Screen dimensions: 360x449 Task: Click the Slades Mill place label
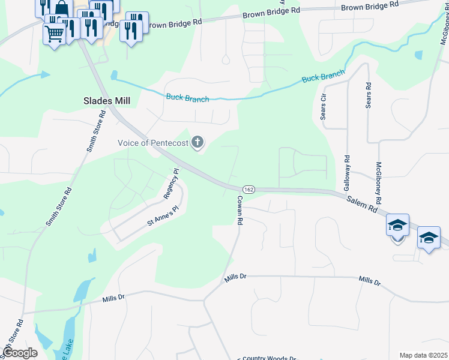pos(106,101)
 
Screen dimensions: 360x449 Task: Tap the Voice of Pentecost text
pos(153,143)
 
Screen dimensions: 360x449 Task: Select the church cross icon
pos(197,143)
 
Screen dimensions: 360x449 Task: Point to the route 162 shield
pos(250,190)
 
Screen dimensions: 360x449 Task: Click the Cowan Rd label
pos(240,211)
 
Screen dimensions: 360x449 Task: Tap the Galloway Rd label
pos(347,173)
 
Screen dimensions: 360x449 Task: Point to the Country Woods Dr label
pos(270,358)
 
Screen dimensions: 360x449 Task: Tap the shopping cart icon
pos(54,34)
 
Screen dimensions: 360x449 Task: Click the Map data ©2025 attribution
pos(423,355)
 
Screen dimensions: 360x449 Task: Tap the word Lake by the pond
pos(67,354)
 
